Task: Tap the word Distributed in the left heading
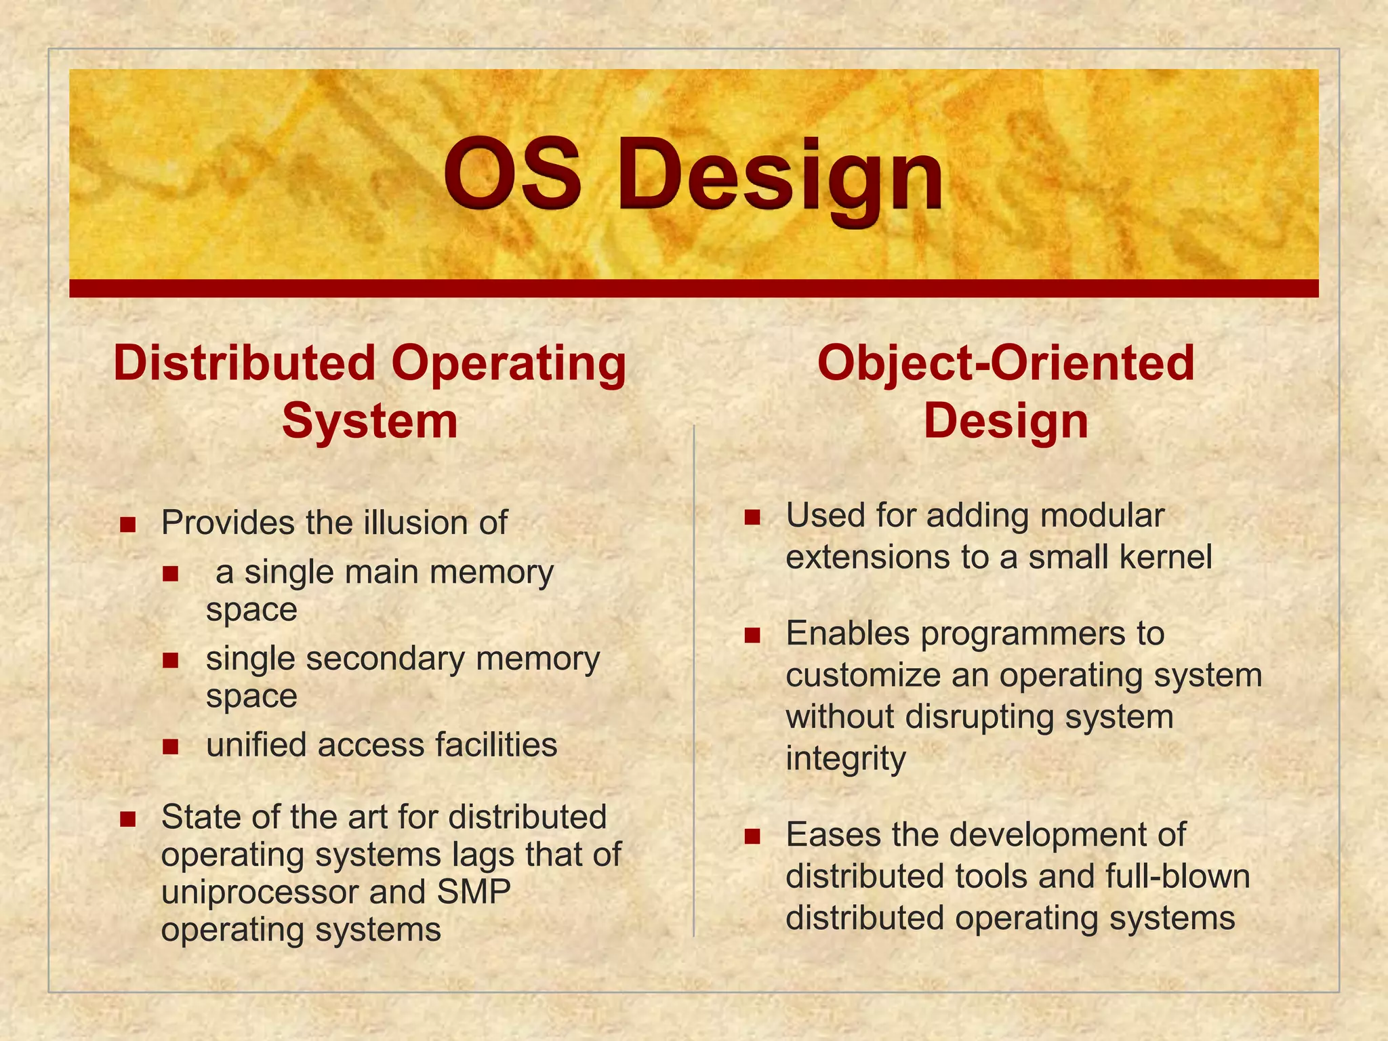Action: click(244, 363)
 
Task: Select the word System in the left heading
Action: click(369, 422)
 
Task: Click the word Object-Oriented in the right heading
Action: click(1006, 363)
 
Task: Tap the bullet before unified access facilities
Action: click(170, 746)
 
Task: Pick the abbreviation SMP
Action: click(474, 892)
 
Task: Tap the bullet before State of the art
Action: click(127, 819)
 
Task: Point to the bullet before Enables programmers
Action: click(752, 635)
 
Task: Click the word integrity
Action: click(845, 759)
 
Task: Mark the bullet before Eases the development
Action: click(752, 836)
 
